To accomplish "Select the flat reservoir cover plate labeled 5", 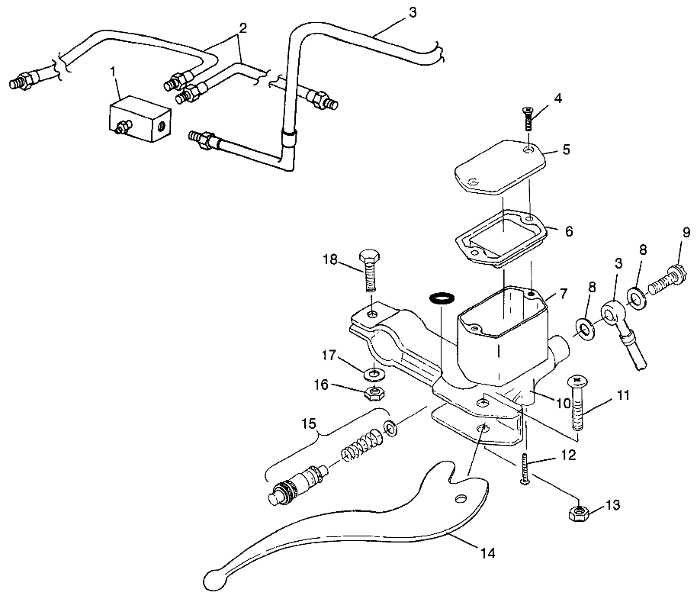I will point(500,167).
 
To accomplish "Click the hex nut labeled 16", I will point(375,393).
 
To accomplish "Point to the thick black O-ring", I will point(441,296).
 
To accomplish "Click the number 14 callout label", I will point(487,552).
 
